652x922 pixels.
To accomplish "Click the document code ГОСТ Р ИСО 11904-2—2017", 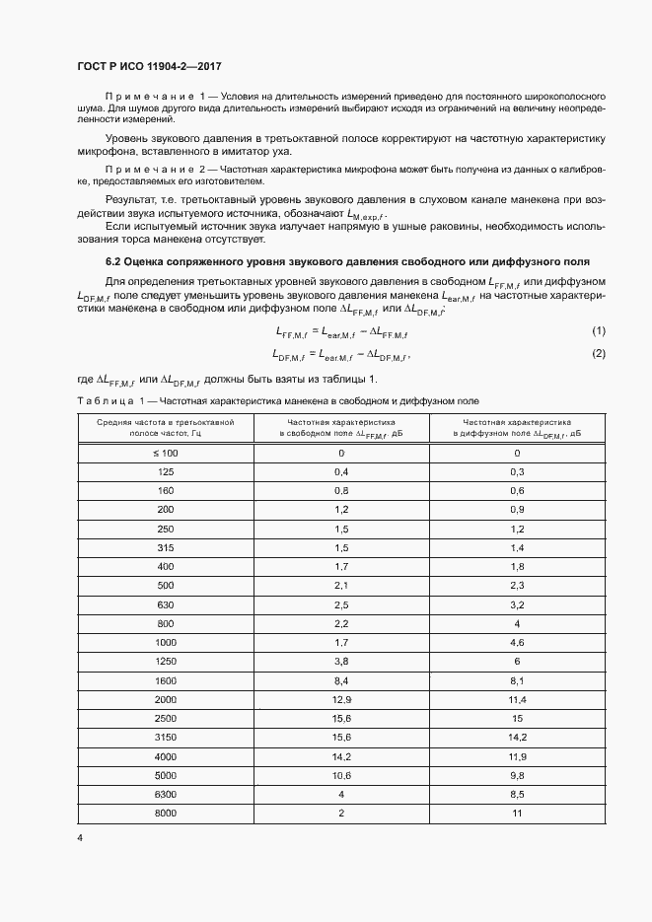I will [149, 66].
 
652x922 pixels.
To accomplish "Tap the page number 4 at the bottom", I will [79, 838].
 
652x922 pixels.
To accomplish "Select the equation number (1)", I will [598, 331].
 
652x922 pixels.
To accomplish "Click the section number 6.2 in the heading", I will [112, 262].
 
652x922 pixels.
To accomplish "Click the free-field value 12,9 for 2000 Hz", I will [341, 699].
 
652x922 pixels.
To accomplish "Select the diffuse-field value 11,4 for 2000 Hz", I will [516, 699].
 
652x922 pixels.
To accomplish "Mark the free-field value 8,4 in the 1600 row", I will [341, 679].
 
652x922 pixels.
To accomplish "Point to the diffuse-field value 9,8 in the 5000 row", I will [516, 775].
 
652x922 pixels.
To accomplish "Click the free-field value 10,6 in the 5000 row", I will [341, 775].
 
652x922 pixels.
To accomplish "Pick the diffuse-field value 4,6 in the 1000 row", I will [516, 642].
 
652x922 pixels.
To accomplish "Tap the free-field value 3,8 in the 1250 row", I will [341, 661].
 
